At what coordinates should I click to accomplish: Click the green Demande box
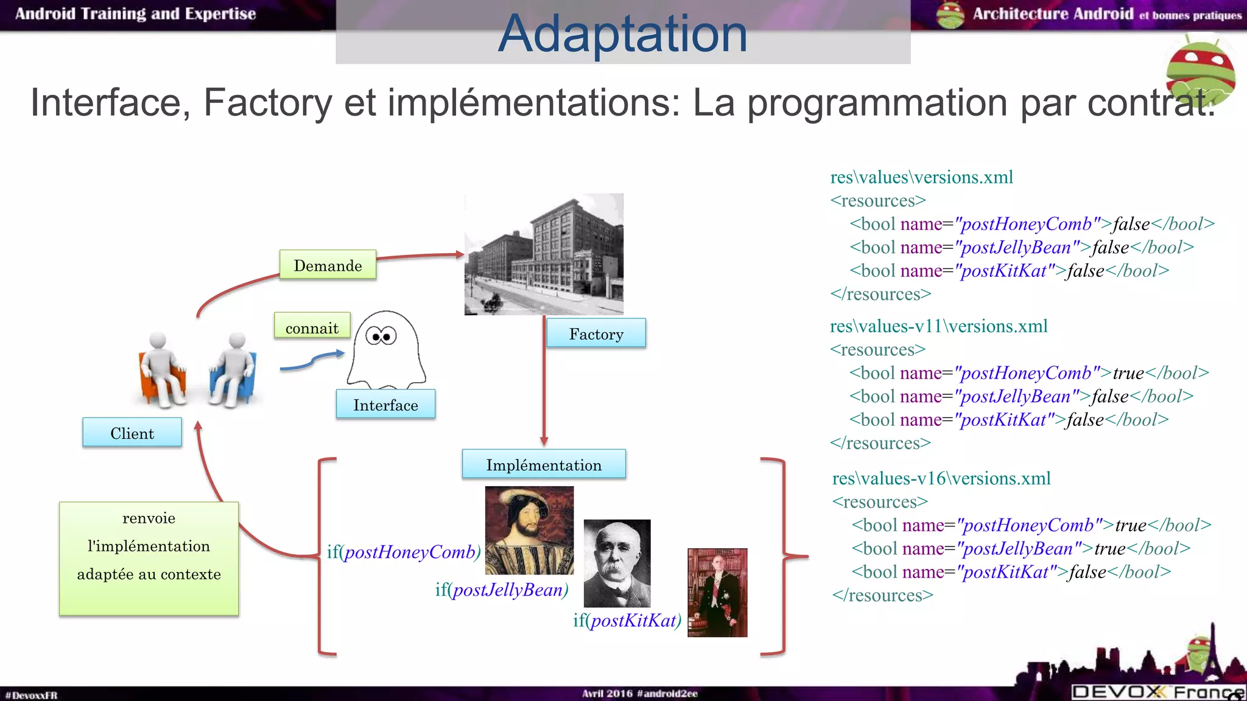tap(328, 265)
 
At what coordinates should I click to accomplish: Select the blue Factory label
tap(596, 333)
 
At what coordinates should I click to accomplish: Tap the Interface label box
tap(385, 405)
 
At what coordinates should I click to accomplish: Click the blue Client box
tap(132, 433)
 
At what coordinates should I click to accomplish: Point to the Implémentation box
tap(544, 464)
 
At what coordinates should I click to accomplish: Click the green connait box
tap(312, 327)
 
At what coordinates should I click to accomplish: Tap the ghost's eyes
tap(381, 335)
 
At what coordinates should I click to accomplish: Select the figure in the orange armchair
tap(161, 368)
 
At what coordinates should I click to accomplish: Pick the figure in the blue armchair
tap(233, 369)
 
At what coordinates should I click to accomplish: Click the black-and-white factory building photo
tap(544, 254)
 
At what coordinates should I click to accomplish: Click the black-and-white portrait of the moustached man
tap(617, 563)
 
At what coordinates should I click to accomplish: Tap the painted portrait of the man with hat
tap(529, 530)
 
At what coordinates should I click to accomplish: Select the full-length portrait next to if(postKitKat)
tap(717, 593)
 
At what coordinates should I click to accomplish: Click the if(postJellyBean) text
tap(502, 590)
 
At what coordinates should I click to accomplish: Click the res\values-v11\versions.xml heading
tap(938, 326)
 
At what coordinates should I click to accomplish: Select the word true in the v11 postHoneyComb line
tap(1128, 373)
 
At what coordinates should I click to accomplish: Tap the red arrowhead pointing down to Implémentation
tap(544, 441)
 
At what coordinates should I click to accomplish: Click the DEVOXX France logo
tap(1157, 691)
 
